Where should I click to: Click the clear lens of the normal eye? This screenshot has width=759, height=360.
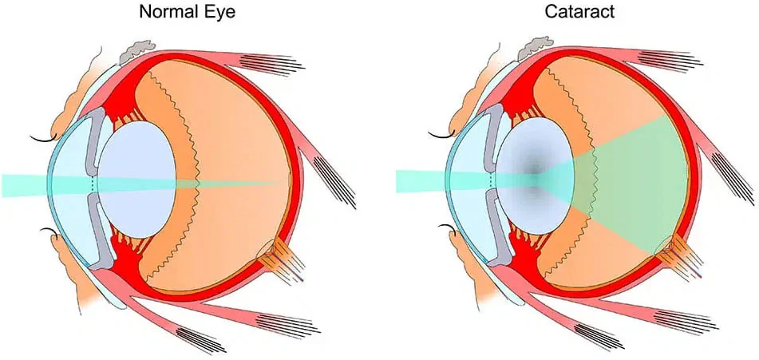(x=136, y=180)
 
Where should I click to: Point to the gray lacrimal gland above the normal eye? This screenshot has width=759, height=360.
(x=137, y=51)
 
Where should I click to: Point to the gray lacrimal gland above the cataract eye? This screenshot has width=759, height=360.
(x=535, y=49)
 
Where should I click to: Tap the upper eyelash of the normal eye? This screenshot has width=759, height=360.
(x=44, y=140)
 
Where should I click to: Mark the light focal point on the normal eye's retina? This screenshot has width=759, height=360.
(x=280, y=183)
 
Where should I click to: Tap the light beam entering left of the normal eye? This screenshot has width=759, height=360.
(x=24, y=186)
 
